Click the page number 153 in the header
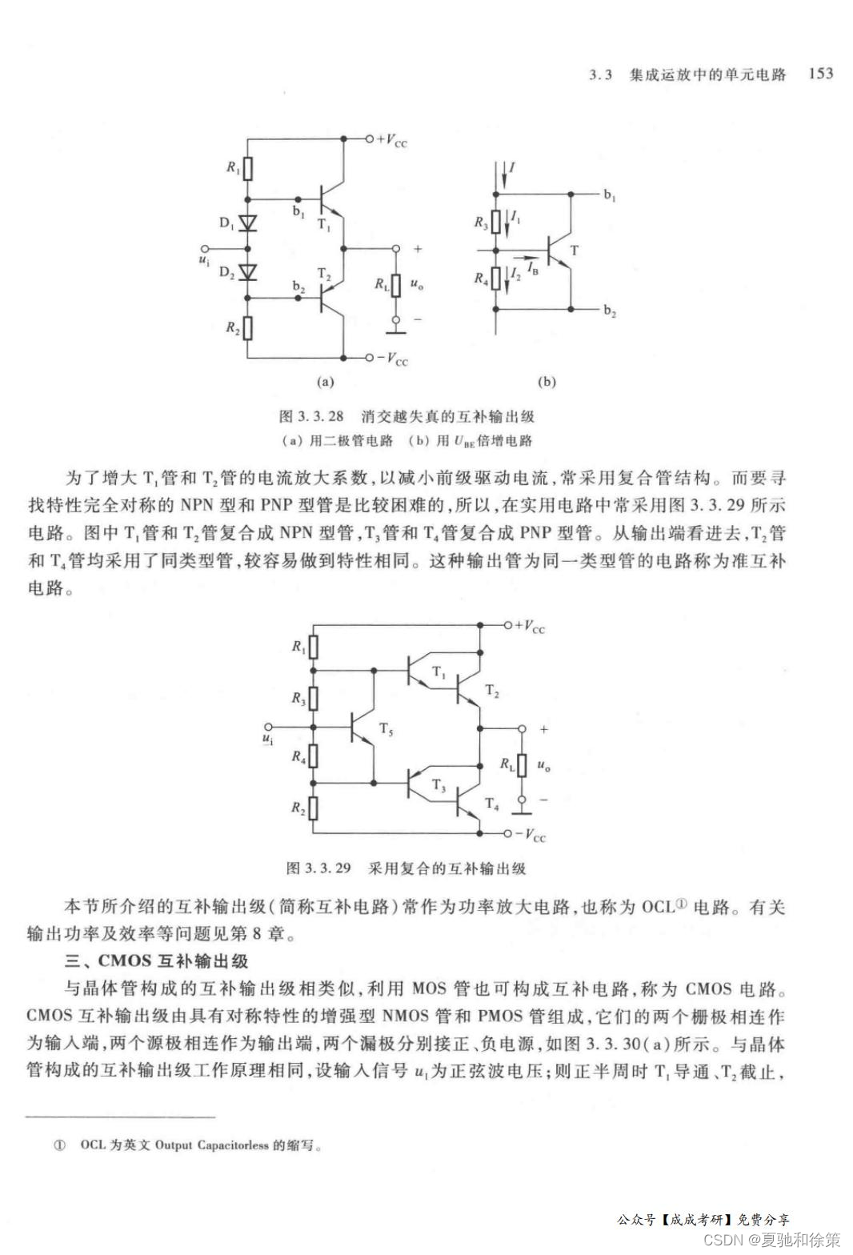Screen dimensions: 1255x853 821,74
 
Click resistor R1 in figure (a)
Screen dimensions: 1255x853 247,168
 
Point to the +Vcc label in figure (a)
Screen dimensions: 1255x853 391,141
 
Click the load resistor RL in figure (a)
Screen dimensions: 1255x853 394,284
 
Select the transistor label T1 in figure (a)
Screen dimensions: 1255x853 323,225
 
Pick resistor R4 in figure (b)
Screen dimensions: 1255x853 496,279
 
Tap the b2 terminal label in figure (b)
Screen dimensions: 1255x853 610,311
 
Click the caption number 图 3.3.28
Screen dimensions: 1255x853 310,416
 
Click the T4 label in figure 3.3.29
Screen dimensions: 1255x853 492,804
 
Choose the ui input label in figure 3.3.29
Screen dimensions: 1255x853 268,735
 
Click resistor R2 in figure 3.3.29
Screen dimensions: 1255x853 313,808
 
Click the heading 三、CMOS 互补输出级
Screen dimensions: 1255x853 156,960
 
